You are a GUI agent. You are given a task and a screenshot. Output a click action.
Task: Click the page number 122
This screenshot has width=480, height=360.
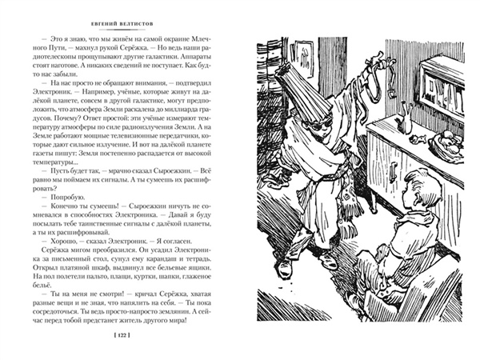(124, 333)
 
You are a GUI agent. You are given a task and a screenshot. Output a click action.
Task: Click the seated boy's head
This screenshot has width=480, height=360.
(416, 195)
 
